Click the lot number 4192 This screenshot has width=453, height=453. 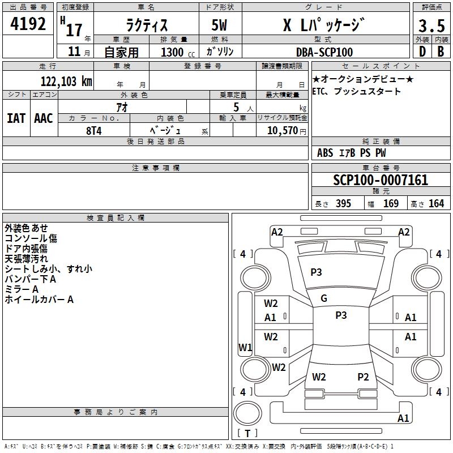click(28, 24)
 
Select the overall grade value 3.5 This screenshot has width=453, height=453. click(431, 25)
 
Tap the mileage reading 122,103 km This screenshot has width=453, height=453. click(66, 82)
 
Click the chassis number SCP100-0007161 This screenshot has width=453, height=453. click(381, 180)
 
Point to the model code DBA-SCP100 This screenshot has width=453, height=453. click(324, 52)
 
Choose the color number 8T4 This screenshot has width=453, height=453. click(94, 131)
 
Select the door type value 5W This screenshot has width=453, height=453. click(219, 25)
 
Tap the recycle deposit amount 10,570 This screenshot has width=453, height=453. click(283, 130)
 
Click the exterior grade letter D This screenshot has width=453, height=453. click(422, 52)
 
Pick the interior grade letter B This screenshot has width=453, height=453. click(441, 52)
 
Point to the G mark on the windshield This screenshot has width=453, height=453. click(324, 298)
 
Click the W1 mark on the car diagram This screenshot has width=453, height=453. click(245, 347)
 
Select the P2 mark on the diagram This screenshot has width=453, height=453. click(363, 377)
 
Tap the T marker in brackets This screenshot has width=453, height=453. click(247, 433)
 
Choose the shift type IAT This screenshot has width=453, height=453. click(16, 118)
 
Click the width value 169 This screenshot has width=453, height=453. click(391, 203)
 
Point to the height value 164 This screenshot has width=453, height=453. click(436, 203)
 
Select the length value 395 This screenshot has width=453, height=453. click(343, 203)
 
